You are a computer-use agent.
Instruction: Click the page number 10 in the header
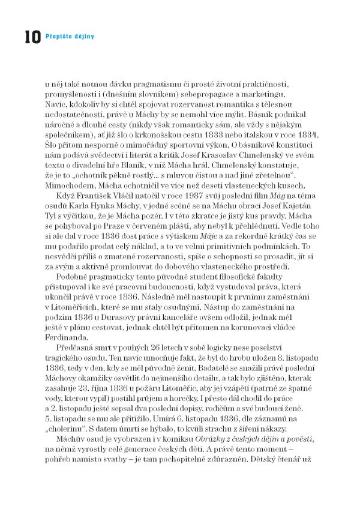(32, 37)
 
